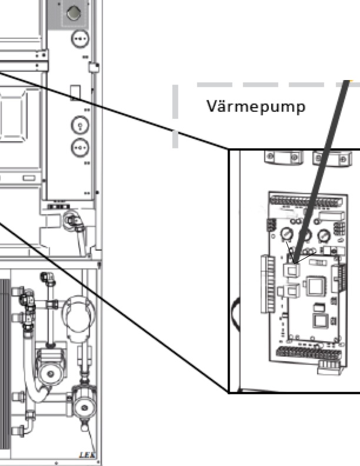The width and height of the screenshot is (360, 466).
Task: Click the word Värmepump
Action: pyautogui.click(x=256, y=107)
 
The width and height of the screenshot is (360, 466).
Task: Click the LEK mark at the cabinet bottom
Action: pyautogui.click(x=85, y=454)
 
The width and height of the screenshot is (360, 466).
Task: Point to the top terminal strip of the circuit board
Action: pyautogui.click(x=305, y=200)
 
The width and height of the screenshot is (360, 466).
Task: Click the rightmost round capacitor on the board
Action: pyautogui.click(x=324, y=236)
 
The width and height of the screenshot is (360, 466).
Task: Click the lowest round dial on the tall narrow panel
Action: pyautogui.click(x=79, y=145)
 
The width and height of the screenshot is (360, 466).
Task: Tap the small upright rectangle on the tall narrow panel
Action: pyautogui.click(x=74, y=92)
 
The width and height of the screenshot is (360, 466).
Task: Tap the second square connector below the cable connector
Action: pyautogui.click(x=292, y=291)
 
